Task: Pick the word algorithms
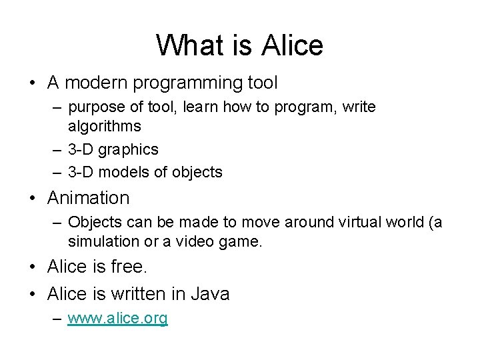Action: pos(104,126)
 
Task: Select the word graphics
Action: pos(129,149)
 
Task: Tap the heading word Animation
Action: pos(88,198)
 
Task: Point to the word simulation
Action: pos(103,241)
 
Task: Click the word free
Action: pos(126,267)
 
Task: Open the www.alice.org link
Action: pos(118,319)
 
